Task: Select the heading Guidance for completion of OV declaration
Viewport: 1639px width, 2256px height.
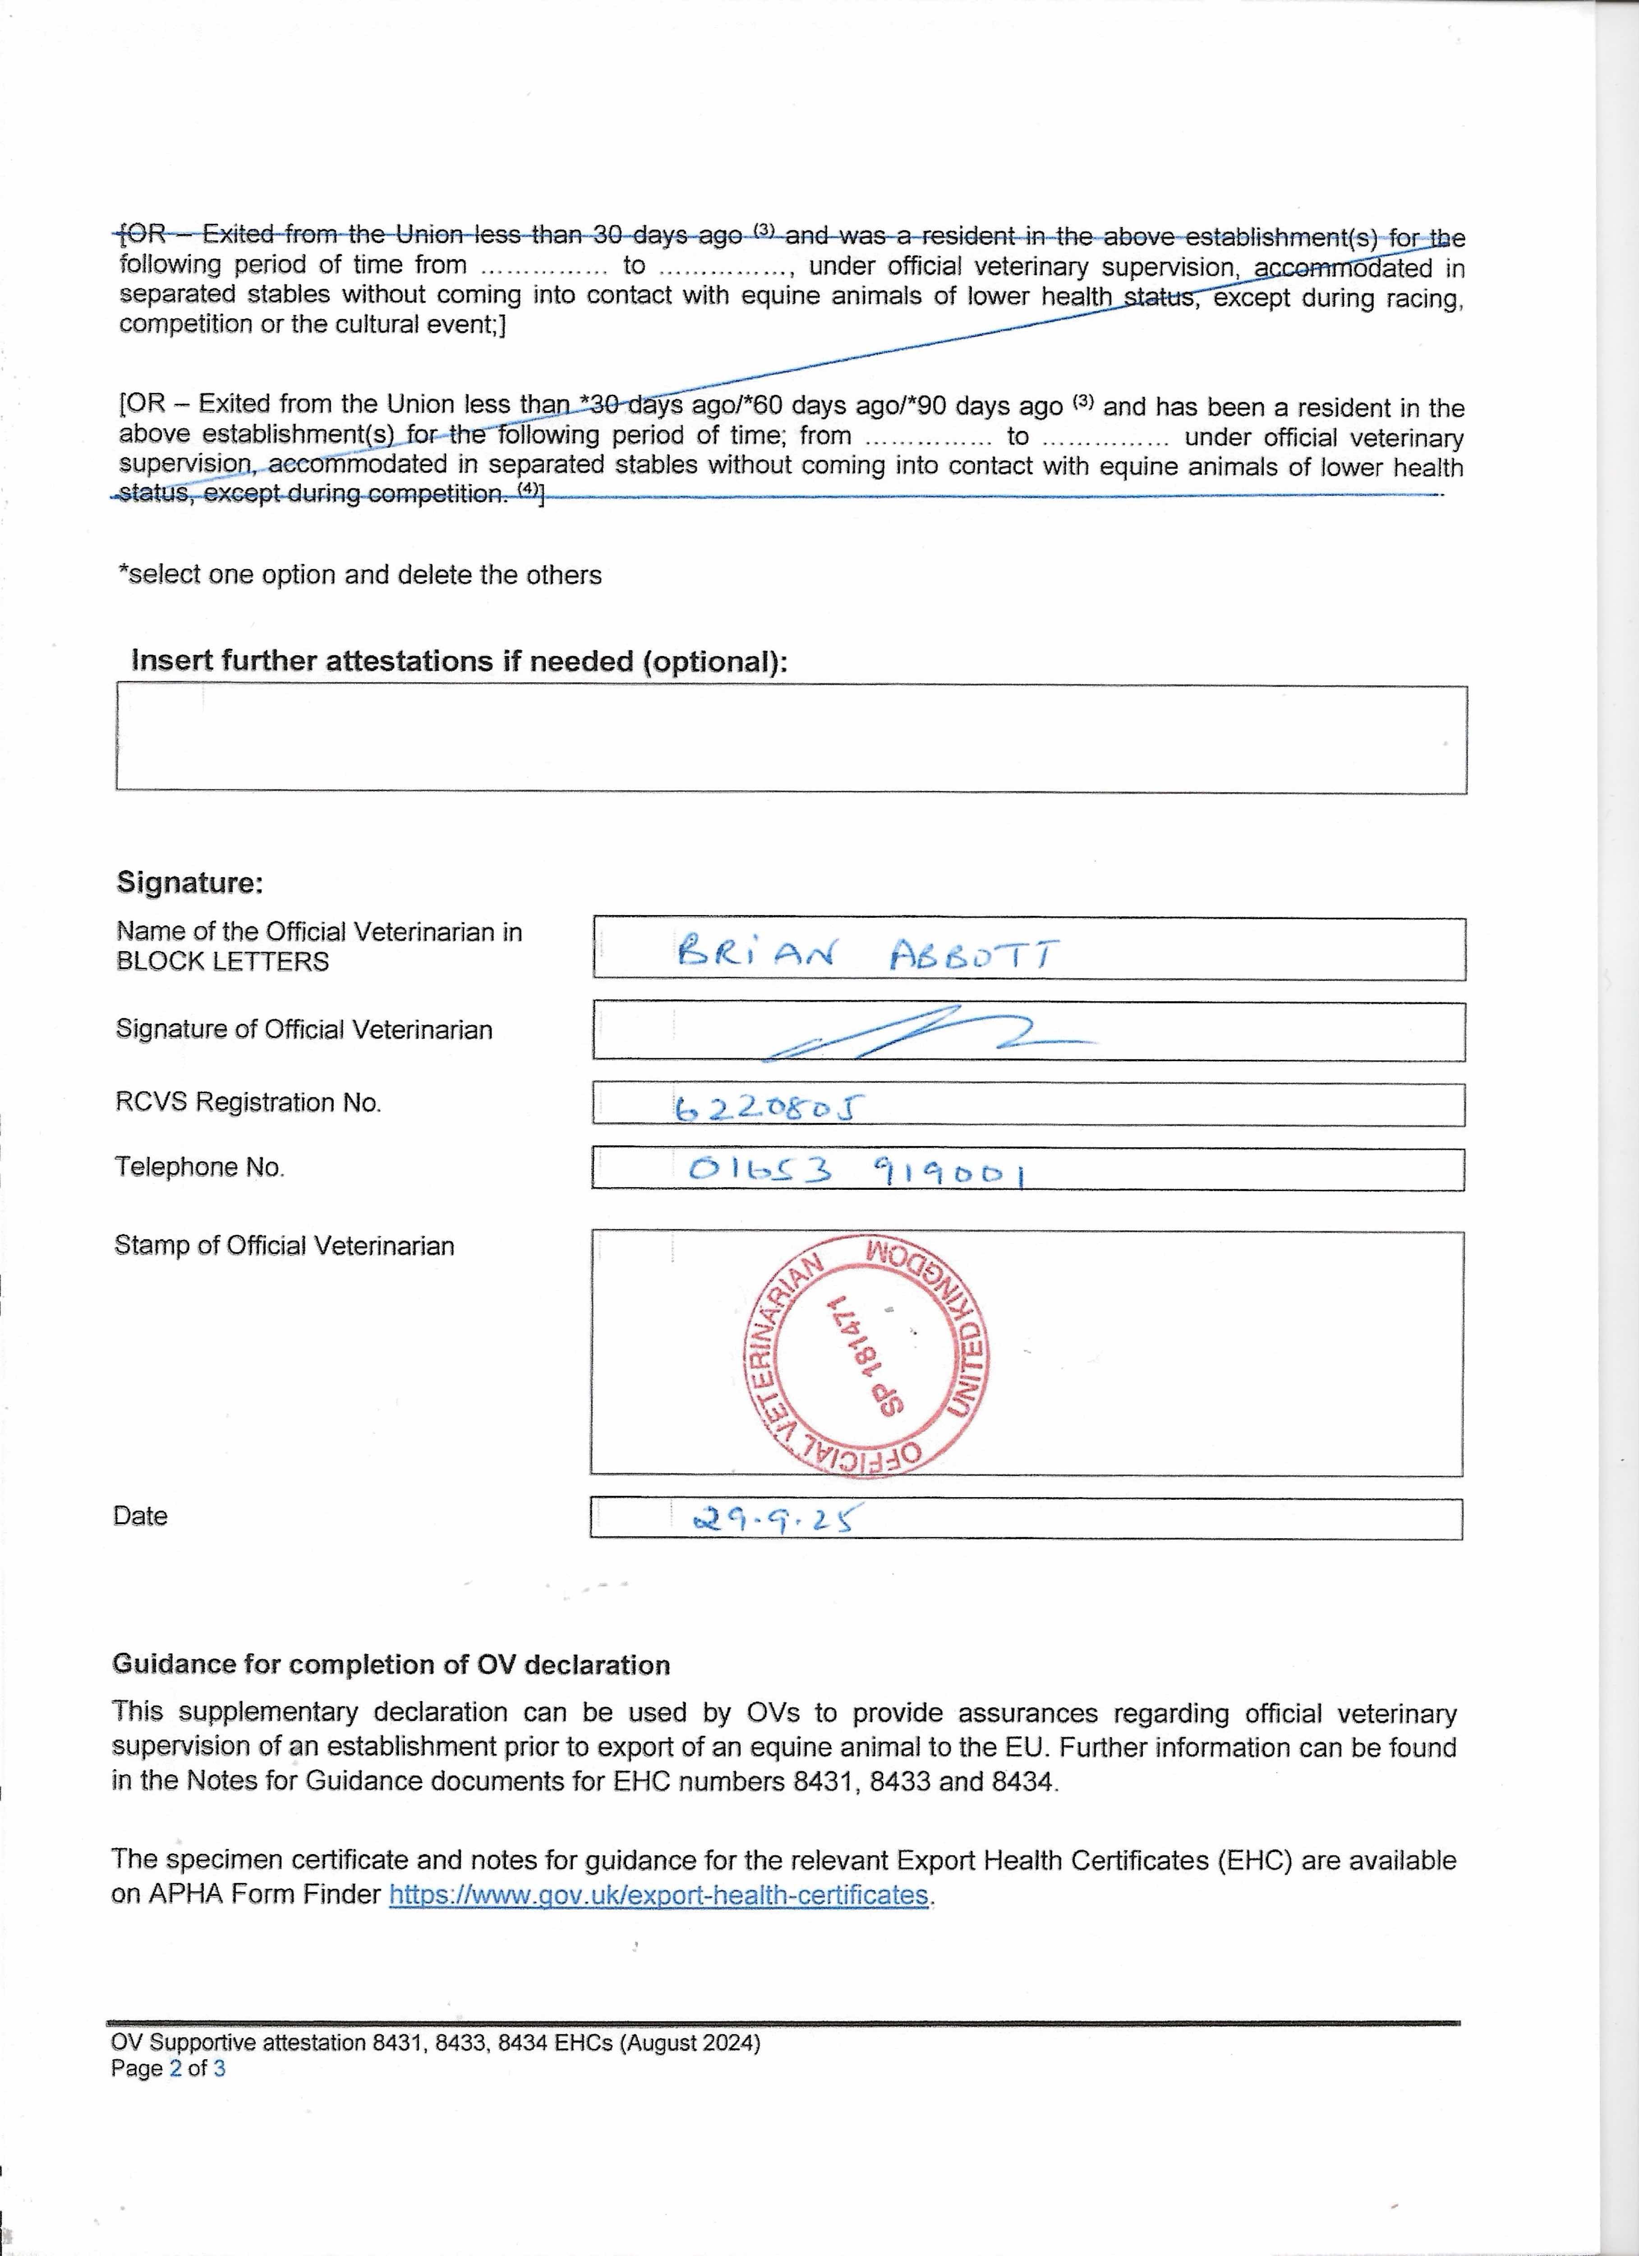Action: (x=391, y=1664)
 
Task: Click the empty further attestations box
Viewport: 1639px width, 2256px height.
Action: (x=791, y=739)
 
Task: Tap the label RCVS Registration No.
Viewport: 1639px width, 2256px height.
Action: (x=249, y=1102)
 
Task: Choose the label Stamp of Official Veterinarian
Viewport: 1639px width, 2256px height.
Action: (x=285, y=1245)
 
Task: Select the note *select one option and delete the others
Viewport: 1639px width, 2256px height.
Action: (x=360, y=575)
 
